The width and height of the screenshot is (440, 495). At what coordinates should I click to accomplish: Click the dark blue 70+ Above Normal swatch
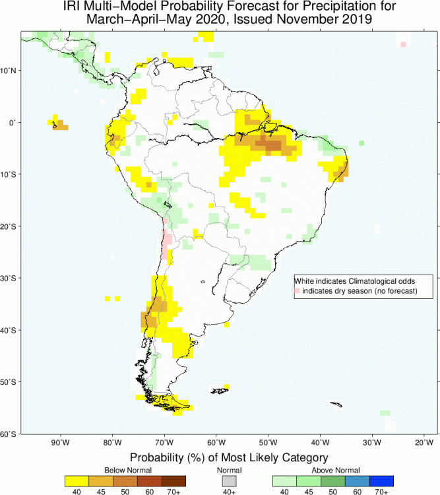coord(381,480)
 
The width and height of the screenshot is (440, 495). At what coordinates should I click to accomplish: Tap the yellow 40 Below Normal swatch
coord(77,480)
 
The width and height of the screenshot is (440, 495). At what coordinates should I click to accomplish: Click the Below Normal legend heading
coord(125,471)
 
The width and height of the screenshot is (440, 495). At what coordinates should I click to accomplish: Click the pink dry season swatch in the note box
coord(298,290)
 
